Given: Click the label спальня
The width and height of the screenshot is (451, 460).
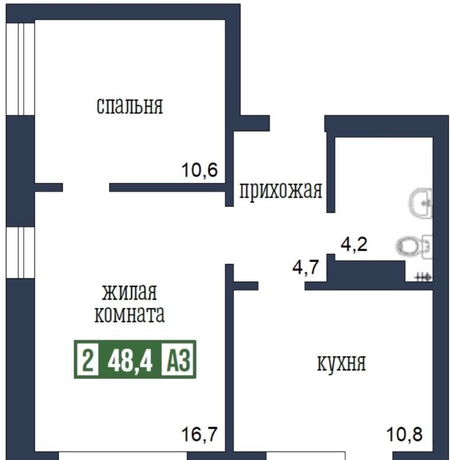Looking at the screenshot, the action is click(129, 106).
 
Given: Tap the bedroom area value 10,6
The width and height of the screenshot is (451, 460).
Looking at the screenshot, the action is click(200, 170).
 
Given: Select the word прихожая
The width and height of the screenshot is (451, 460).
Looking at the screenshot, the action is click(281, 190).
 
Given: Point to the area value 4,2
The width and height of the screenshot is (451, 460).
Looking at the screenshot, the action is click(354, 244).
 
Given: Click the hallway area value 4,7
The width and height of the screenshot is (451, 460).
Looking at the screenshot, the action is click(306, 267).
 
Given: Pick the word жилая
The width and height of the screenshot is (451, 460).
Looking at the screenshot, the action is click(129, 292).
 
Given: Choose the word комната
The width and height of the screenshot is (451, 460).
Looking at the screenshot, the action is click(129, 314).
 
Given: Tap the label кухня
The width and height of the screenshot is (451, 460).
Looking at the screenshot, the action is click(341, 363).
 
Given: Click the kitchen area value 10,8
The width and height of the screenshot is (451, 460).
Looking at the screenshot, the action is click(404, 434).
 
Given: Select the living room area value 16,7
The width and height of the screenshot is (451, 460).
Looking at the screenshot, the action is click(200, 434).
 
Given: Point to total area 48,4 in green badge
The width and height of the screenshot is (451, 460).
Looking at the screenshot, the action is click(130, 360).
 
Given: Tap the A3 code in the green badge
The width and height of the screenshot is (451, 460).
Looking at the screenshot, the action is click(178, 359).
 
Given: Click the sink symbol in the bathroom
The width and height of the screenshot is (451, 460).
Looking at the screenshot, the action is click(421, 203).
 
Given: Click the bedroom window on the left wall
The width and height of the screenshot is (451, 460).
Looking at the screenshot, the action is click(21, 69).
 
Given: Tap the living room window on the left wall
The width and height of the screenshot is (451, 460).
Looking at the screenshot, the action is click(21, 252).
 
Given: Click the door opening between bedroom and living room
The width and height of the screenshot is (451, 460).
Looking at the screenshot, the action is click(86, 188).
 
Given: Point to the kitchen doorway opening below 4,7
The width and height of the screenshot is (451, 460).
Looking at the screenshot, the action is click(282, 286).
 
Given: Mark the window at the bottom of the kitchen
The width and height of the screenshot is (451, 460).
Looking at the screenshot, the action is click(305, 456).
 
